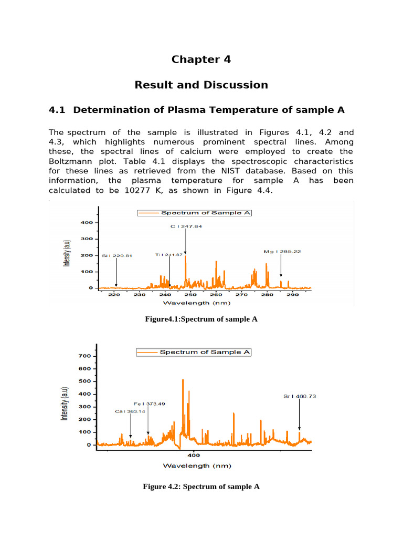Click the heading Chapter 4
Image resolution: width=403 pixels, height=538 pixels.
coord(201,59)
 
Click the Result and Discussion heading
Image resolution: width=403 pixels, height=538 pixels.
coord(201,85)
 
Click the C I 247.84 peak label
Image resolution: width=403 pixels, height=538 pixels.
coord(186,226)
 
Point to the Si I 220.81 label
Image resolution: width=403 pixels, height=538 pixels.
coord(117,256)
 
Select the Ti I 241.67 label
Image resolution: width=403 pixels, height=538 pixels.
coord(169,255)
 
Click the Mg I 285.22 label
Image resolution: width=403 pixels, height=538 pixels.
coord(282,252)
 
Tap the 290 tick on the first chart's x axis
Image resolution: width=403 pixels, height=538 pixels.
coord(293,295)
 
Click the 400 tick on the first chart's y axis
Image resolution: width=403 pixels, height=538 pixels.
coord(87,223)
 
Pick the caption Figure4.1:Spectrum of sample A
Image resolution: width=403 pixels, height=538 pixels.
coord(201,319)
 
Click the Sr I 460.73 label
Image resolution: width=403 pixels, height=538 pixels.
coord(300,396)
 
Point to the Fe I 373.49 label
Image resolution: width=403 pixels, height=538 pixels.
coord(149,403)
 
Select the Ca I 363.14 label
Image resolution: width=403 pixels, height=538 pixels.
coord(130,411)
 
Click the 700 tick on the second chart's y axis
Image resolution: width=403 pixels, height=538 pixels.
coord(85,356)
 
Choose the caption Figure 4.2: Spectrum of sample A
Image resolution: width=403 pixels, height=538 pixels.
coord(201,487)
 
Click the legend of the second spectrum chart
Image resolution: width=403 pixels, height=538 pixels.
coord(194,352)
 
